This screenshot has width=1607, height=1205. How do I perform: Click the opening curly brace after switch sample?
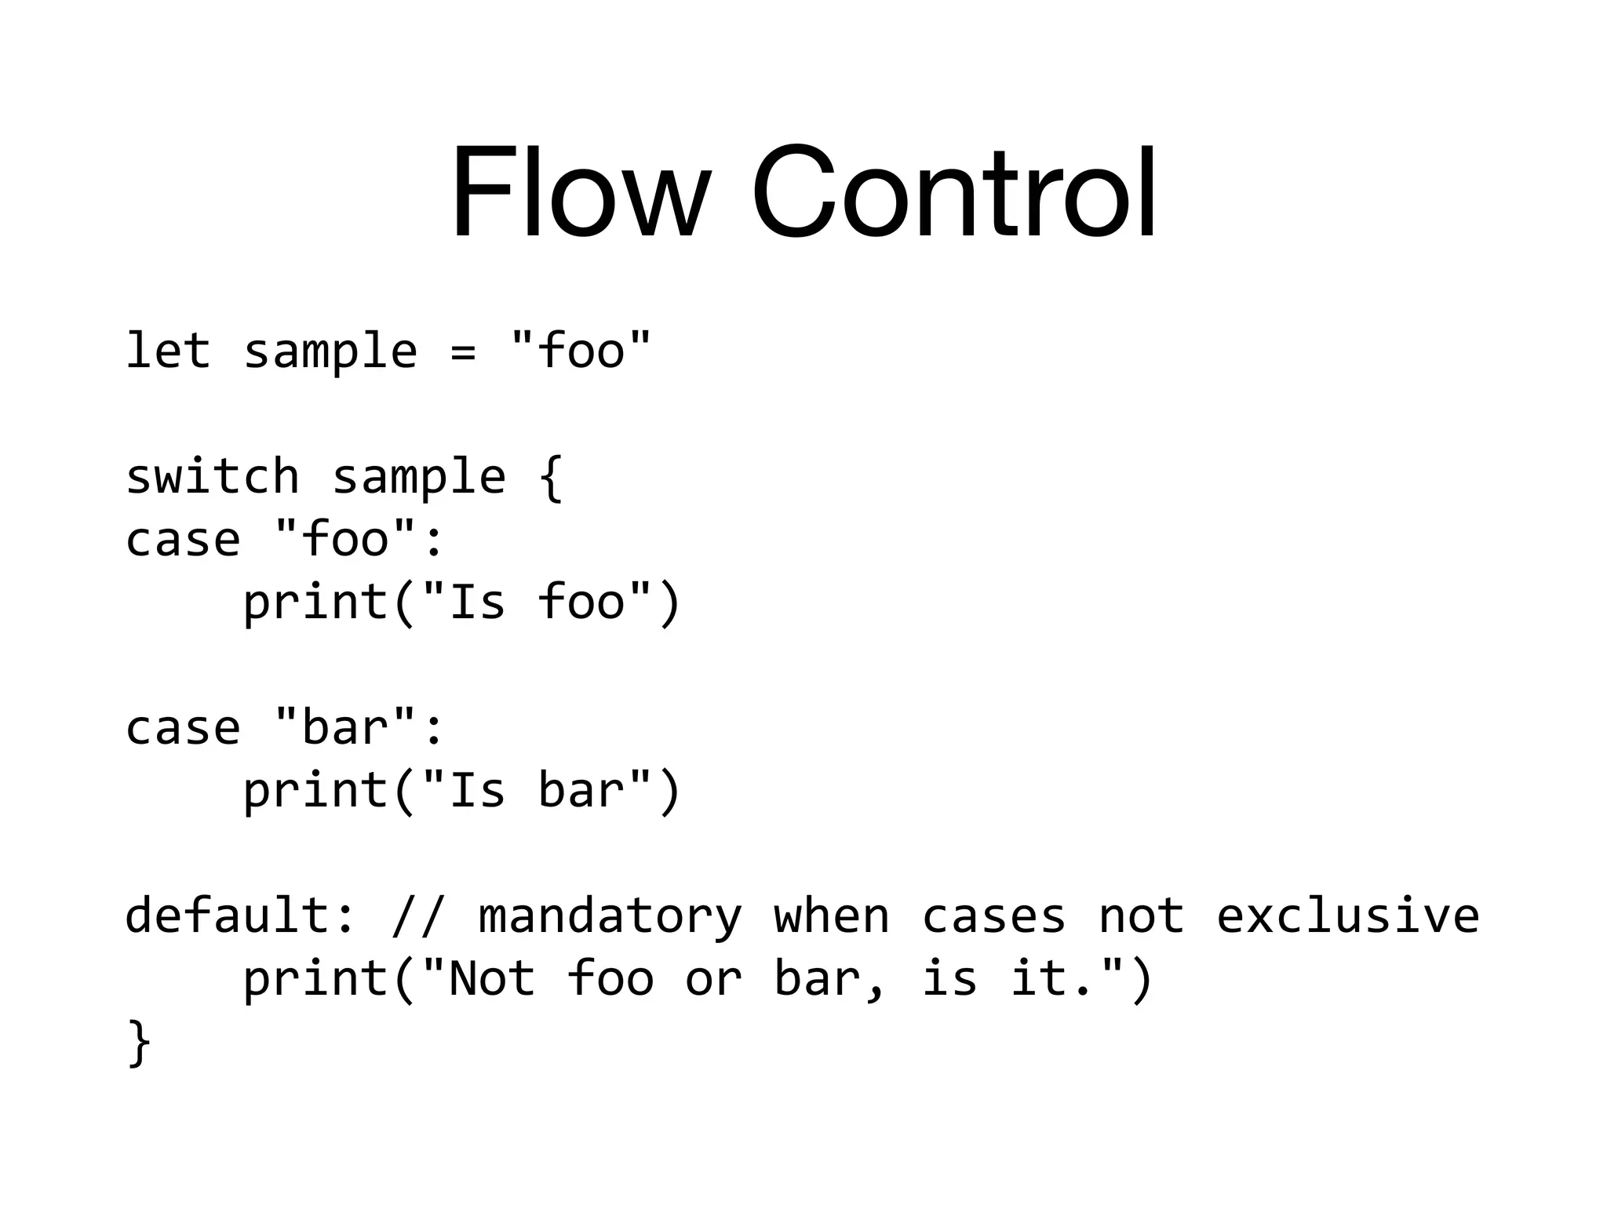coord(552,477)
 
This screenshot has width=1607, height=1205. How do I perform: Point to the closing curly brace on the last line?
coord(139,1043)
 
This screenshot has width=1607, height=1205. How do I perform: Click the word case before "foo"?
coord(183,540)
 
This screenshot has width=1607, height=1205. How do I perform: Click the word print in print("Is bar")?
coord(316,791)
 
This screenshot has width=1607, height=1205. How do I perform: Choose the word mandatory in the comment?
coord(610,916)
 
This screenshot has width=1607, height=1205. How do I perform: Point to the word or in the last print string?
coord(713,979)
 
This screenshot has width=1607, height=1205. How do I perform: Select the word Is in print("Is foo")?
coord(477,602)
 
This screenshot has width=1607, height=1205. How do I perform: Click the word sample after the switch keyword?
coord(419,477)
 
